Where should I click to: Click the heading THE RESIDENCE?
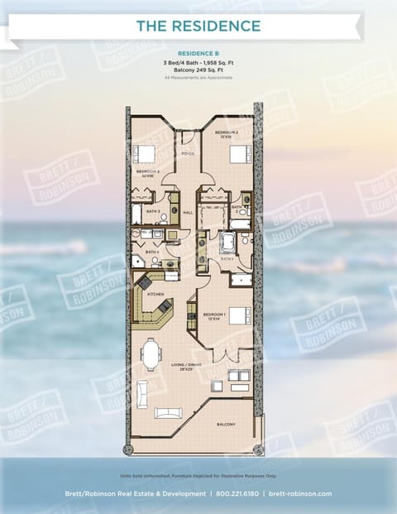pyautogui.click(x=198, y=26)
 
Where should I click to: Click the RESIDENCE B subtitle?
pyautogui.click(x=198, y=51)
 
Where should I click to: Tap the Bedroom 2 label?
pyautogui.click(x=228, y=133)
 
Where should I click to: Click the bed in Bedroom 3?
pyautogui.click(x=145, y=154)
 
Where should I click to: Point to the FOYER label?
pyautogui.click(x=188, y=153)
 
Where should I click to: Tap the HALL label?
pyautogui.click(x=188, y=213)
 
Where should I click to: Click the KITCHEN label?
pyautogui.click(x=155, y=294)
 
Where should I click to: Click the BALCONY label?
pyautogui.click(x=227, y=425)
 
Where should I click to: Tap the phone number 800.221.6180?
pyautogui.click(x=237, y=493)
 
